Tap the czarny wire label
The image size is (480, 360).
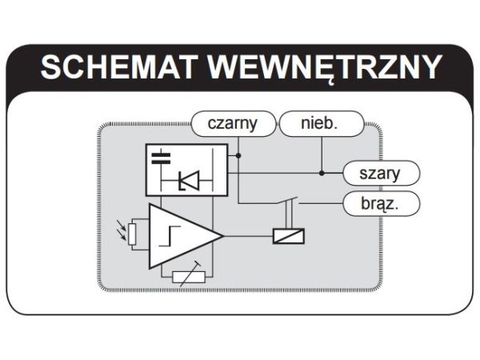(x=232, y=123)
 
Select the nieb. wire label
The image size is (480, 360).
(x=320, y=123)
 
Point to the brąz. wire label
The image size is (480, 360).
(x=381, y=203)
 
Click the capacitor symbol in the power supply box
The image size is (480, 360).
(x=162, y=157)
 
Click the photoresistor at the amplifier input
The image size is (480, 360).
(x=133, y=234)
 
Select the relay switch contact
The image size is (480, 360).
(x=290, y=202)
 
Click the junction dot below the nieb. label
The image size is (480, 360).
(x=322, y=172)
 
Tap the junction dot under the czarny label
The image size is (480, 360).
(x=238, y=155)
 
